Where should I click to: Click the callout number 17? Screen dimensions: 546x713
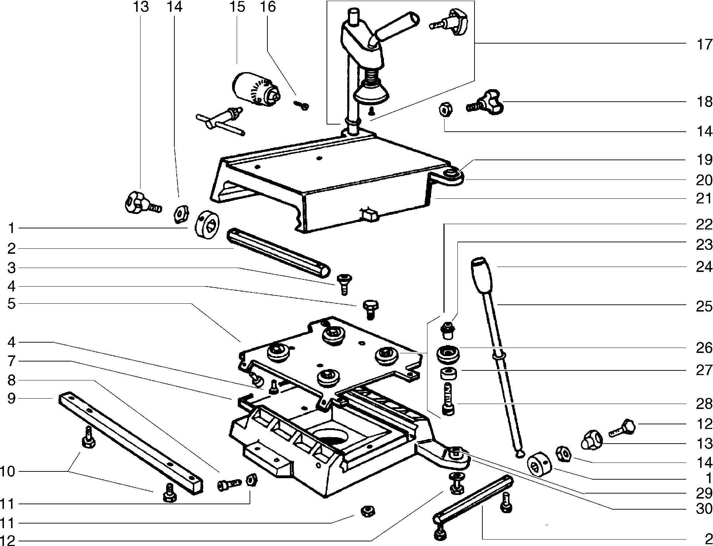tap(704, 45)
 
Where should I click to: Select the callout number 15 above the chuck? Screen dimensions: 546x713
tap(237, 7)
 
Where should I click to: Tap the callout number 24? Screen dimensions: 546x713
tap(704, 267)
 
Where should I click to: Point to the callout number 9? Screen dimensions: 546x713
tap(11, 398)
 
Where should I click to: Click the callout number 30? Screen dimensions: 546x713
tap(704, 509)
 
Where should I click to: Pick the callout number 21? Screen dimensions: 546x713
tap(704, 199)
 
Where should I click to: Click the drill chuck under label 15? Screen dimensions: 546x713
tap(256, 89)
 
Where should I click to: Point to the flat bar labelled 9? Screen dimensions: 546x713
tap(130, 444)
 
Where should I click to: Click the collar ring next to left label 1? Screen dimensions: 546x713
tap(207, 225)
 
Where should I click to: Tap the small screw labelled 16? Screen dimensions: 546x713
tap(302, 105)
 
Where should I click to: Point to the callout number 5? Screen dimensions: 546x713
tap(11, 304)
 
